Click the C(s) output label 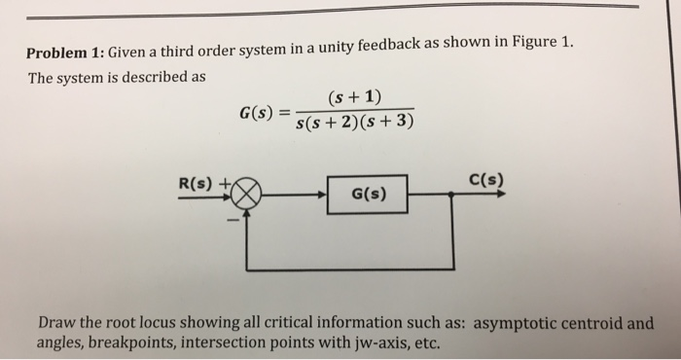pyautogui.click(x=484, y=179)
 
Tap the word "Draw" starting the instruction pyautogui.click(x=56, y=323)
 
